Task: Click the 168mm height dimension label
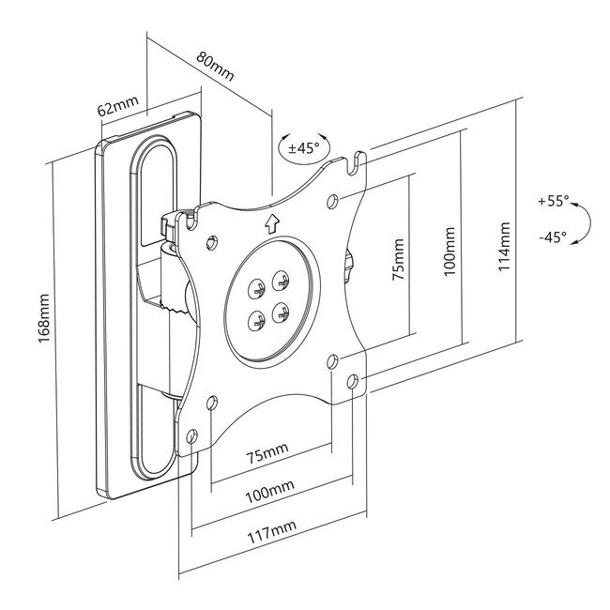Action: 44,319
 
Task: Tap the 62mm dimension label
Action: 118,105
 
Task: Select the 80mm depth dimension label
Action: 215,66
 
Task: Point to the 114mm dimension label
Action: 504,246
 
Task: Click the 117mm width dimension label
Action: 272,532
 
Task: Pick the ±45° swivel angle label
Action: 303,148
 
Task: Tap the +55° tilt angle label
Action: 553,201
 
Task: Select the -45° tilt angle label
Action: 553,236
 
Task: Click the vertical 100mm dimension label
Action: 450,252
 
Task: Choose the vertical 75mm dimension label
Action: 398,259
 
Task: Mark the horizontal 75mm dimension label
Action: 267,453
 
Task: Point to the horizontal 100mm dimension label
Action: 269,492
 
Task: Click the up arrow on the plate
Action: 272,224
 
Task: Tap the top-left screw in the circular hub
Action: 256,289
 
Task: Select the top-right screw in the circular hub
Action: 281,281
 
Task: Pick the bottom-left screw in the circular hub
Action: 256,321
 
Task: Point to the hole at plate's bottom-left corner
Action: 191,436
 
